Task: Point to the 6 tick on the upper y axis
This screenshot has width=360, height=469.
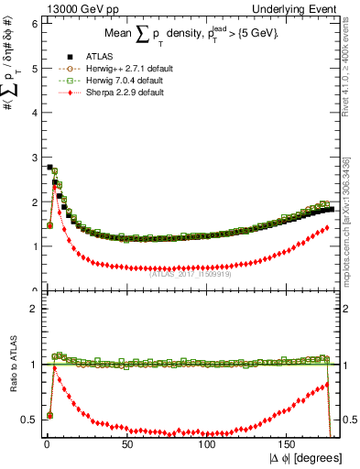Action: point(34,23)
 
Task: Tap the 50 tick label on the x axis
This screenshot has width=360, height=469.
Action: point(126,443)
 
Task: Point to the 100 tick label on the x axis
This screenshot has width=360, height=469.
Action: point(207,443)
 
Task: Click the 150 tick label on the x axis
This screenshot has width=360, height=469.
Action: point(288,443)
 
